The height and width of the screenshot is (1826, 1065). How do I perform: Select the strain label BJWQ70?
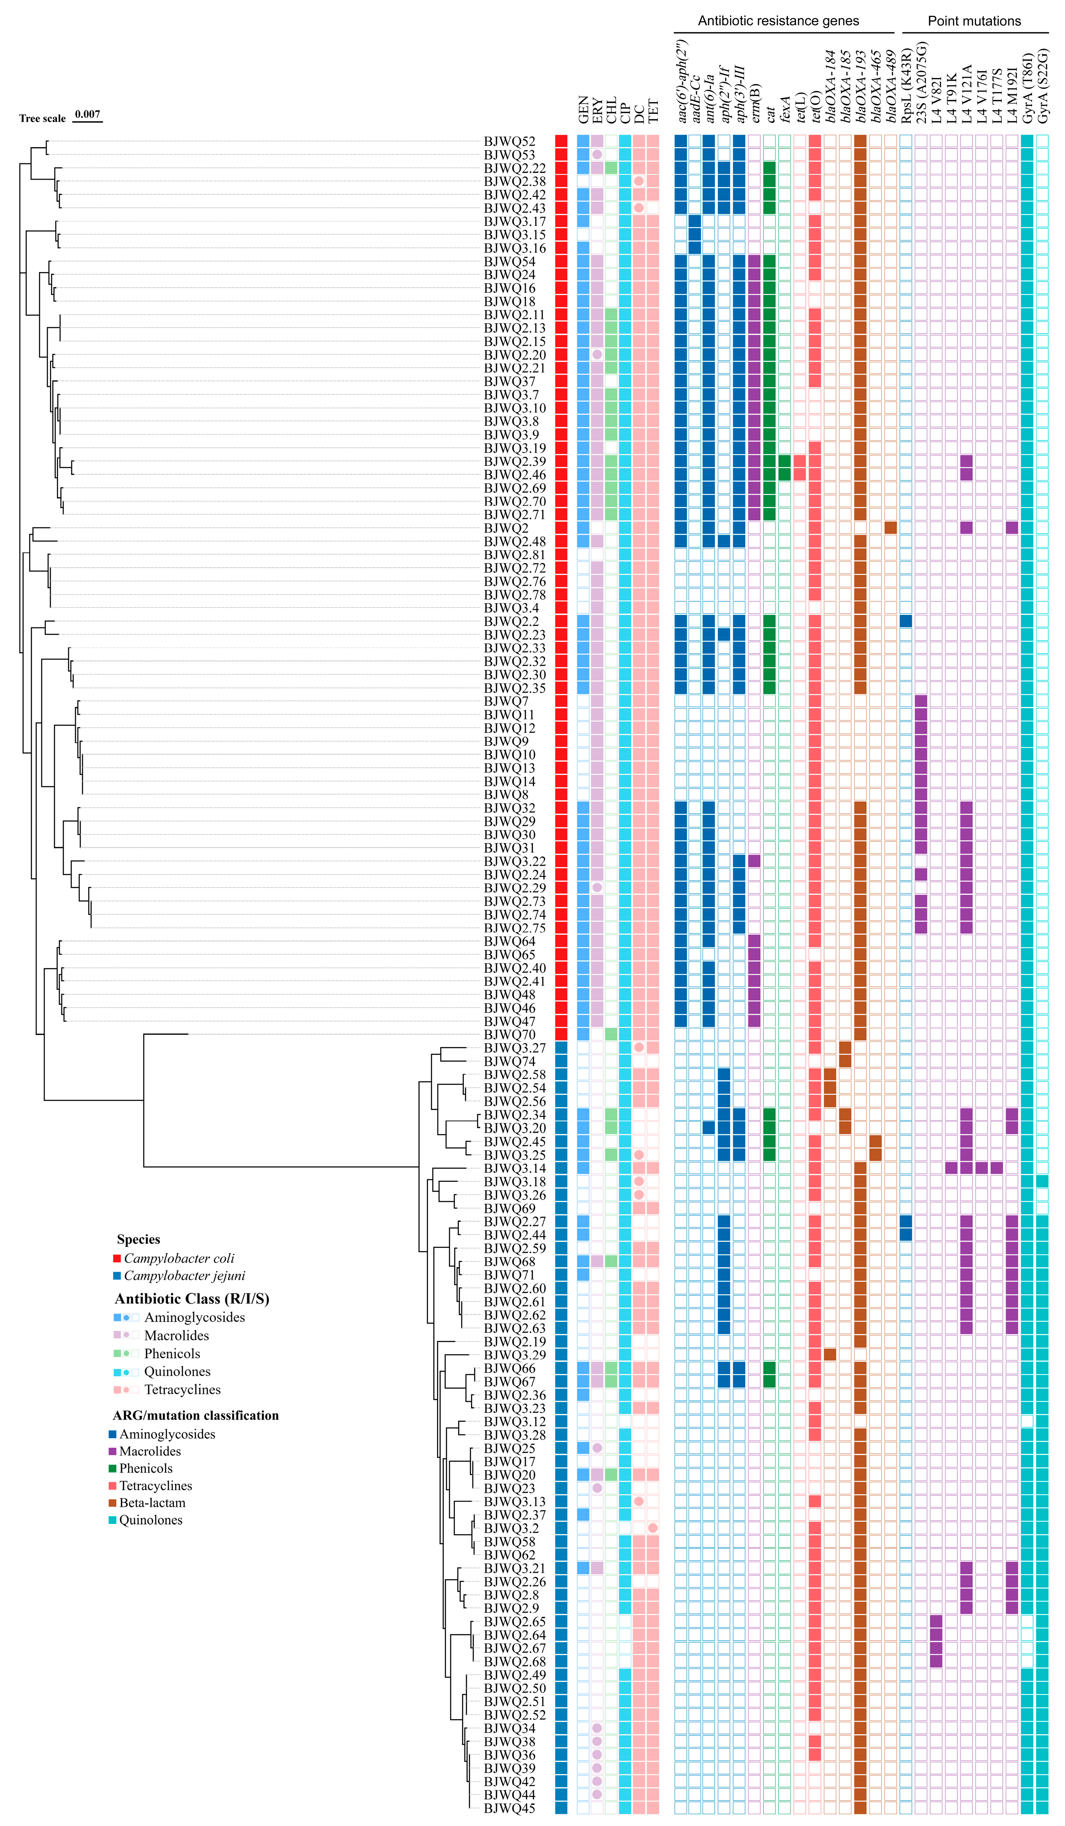509,1035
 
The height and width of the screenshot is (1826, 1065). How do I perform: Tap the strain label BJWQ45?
509,1808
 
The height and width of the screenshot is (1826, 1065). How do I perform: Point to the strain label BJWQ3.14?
514,1168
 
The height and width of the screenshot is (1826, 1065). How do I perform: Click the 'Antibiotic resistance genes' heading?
778,21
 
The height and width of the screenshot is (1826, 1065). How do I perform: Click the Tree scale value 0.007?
88,114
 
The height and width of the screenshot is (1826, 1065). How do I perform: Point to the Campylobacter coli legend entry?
178,1259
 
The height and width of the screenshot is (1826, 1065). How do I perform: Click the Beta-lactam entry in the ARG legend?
152,1503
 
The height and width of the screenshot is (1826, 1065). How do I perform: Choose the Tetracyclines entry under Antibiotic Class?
182,1389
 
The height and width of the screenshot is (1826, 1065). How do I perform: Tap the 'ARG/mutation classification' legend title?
196,1415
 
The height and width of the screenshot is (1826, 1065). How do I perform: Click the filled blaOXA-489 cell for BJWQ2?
890,528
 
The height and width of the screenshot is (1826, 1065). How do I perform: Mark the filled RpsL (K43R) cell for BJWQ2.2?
905,621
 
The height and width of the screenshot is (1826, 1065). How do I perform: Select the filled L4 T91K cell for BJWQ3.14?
951,1168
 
